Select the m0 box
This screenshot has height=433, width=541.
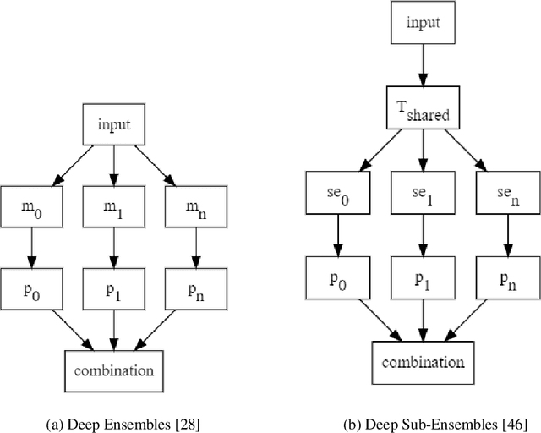(32, 206)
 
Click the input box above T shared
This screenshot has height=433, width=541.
(419, 24)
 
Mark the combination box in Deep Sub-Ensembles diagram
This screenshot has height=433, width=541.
(419, 362)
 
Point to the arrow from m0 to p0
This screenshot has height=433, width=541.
(32, 247)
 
